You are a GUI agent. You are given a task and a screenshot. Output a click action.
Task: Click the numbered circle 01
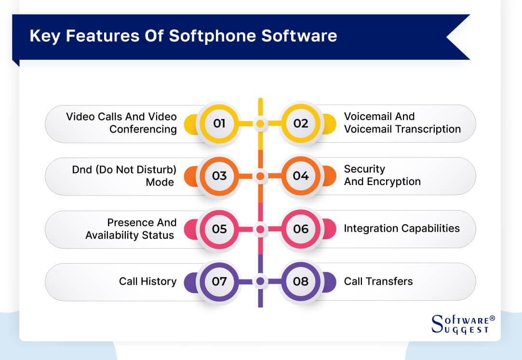(x=219, y=123)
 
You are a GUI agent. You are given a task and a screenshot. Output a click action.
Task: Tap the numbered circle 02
(x=301, y=123)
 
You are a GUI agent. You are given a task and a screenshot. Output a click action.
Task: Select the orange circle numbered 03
(x=219, y=176)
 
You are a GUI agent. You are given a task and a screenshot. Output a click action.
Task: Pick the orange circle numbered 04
(x=301, y=176)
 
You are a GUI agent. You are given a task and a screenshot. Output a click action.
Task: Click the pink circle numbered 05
(x=219, y=228)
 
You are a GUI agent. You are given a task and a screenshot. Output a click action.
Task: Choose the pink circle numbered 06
(x=301, y=228)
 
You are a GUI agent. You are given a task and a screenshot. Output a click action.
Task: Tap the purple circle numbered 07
(x=219, y=281)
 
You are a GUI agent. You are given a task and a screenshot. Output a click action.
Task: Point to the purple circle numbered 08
(x=301, y=281)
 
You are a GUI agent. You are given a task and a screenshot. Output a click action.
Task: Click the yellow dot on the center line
(x=260, y=124)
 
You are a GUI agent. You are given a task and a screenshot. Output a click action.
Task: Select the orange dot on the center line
(x=260, y=176)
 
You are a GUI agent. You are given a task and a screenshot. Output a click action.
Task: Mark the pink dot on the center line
(x=260, y=229)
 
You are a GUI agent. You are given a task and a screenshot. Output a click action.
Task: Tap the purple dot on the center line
(x=260, y=281)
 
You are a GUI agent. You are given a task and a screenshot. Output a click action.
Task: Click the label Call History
(x=147, y=281)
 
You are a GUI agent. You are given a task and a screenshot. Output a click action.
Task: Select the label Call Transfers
(x=378, y=281)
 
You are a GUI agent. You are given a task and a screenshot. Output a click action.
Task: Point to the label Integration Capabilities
(x=402, y=228)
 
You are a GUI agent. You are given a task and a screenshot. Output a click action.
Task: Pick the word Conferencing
(x=143, y=129)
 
